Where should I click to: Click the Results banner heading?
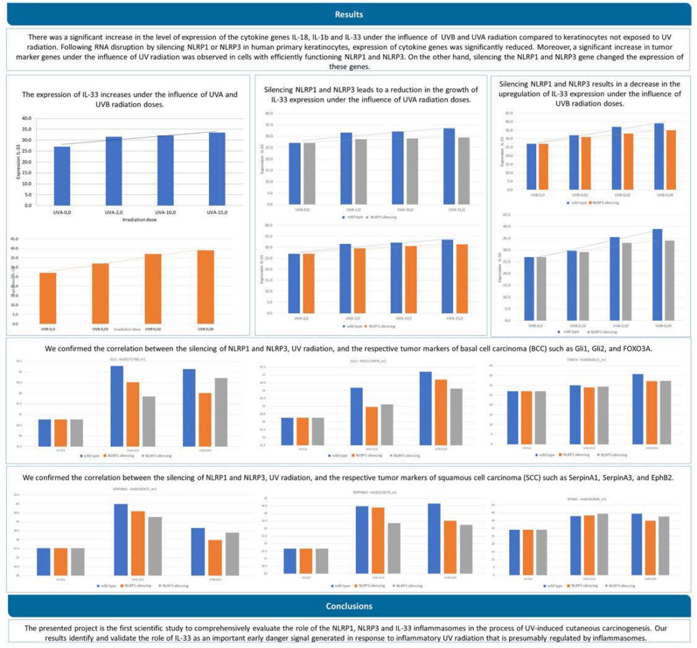click(348, 14)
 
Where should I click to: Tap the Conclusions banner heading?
click(348, 606)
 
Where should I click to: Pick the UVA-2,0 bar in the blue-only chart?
click(114, 170)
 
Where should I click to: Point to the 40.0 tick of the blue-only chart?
click(27, 118)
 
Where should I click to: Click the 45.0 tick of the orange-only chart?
click(14, 238)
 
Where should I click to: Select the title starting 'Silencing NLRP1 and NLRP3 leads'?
click(370, 94)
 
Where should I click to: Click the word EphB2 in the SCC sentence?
click(658, 478)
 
